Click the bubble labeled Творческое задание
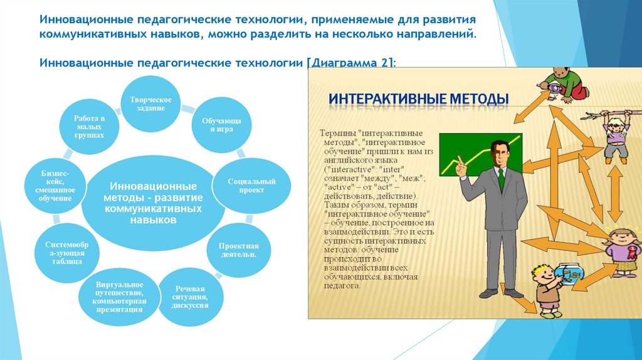pos(150,103)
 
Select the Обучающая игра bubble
pos(221,125)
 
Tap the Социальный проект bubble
pos(251,186)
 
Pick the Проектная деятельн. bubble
pos(239,250)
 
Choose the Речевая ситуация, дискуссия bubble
pos(191,297)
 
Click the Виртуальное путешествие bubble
pos(119,297)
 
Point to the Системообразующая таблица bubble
pos(66,253)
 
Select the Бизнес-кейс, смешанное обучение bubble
pos(55,186)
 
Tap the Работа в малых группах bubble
pos(89,127)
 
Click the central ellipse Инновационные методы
pos(153,203)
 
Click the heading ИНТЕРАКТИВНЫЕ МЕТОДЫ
pos(419,99)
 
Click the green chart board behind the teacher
pos(480,154)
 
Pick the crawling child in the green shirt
pos(564,84)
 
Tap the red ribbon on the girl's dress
pos(634,251)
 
